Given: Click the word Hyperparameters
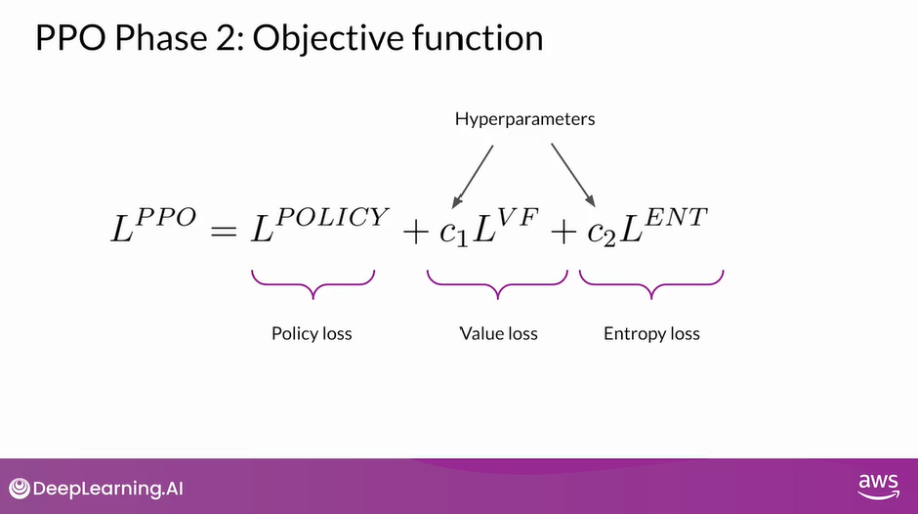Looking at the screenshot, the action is (x=524, y=119).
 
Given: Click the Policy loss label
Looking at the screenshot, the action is (x=312, y=333).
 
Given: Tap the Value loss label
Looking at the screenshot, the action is (x=498, y=333).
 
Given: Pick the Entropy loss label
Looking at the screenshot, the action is (x=651, y=333).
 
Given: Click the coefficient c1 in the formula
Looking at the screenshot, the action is (x=454, y=235).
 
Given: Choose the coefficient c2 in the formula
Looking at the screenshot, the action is (x=599, y=235).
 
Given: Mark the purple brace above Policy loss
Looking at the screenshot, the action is (x=313, y=284).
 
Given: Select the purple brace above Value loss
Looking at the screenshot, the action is (x=498, y=284).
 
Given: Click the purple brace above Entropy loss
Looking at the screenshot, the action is (x=651, y=284).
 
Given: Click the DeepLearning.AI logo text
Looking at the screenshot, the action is (x=101, y=488).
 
